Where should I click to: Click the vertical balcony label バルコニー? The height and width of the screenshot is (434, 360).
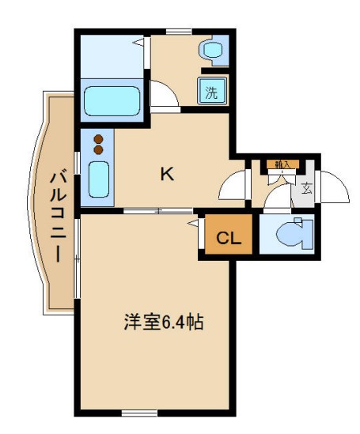(x=58, y=215)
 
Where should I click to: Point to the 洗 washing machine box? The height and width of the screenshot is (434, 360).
(x=211, y=91)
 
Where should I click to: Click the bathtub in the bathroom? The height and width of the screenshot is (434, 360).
(x=112, y=100)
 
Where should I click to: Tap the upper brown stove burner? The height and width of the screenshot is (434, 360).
(x=99, y=138)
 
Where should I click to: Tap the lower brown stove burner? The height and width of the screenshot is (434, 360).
(x=99, y=149)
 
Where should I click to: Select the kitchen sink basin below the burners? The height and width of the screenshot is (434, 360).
(x=99, y=179)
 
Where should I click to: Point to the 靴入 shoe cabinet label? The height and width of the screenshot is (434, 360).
(x=282, y=164)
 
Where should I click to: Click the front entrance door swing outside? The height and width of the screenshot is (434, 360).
(x=334, y=186)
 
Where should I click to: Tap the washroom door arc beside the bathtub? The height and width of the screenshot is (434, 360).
(x=165, y=95)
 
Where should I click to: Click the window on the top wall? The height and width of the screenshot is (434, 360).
(x=178, y=31)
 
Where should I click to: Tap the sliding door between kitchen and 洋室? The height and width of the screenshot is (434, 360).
(x=158, y=211)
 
